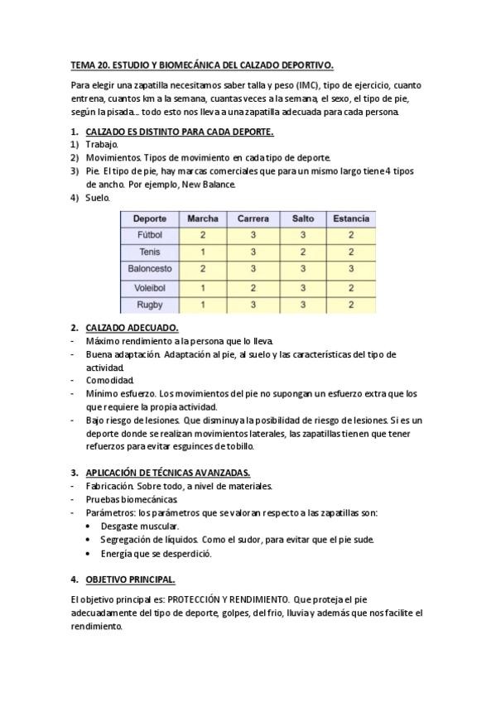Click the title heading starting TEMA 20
tap(202, 65)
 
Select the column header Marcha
tap(203, 219)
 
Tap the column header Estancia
tap(351, 219)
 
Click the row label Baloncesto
tap(150, 269)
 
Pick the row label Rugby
tap(150, 305)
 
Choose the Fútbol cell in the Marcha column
tap(203, 235)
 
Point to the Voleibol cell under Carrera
tap(253, 287)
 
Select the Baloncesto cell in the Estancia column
tap(351, 269)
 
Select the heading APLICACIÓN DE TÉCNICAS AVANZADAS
tap(168, 473)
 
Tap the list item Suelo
tap(97, 198)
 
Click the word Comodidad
tap(109, 381)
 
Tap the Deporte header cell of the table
tap(150, 219)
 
